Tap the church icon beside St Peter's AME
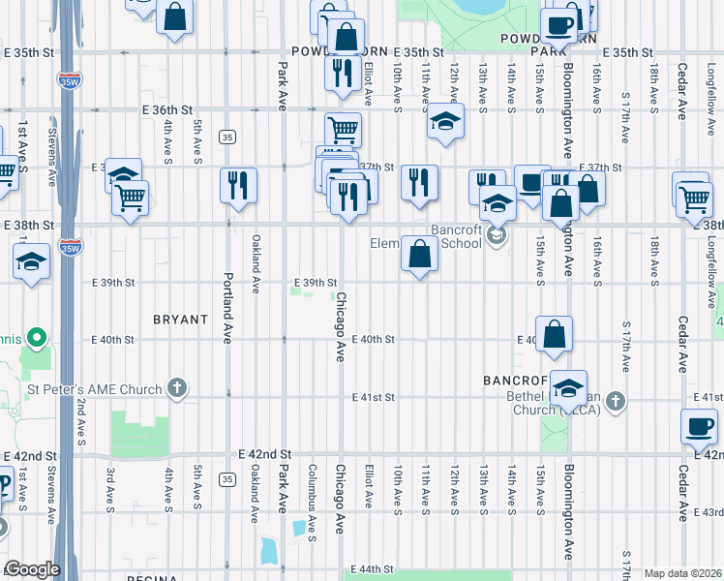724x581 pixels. click(x=176, y=389)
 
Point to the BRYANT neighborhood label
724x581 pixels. click(x=180, y=319)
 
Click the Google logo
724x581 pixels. click(x=32, y=570)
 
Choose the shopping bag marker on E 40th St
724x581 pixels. click(x=555, y=334)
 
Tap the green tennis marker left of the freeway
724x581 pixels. click(x=37, y=338)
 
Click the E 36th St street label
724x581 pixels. click(x=169, y=110)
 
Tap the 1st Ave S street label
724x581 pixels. click(x=21, y=141)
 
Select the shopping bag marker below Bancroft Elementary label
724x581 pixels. click(x=419, y=255)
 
